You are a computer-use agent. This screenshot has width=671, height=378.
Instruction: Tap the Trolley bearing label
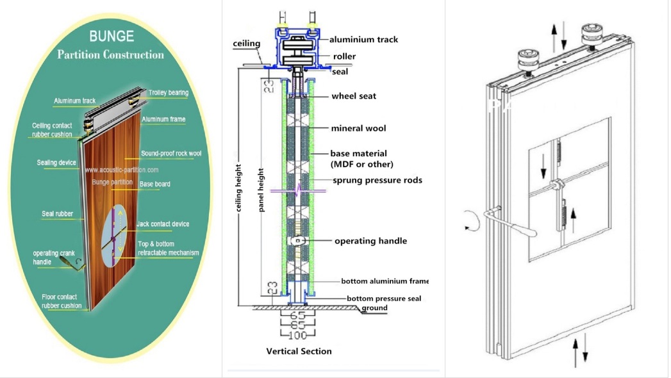(x=169, y=93)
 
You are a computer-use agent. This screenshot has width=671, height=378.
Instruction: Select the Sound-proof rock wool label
(x=170, y=154)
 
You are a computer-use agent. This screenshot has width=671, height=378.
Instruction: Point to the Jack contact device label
(x=163, y=224)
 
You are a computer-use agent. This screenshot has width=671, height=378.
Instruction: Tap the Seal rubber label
(x=58, y=213)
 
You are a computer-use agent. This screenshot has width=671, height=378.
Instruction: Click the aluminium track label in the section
(x=363, y=40)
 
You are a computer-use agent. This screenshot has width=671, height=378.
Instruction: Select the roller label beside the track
(x=344, y=56)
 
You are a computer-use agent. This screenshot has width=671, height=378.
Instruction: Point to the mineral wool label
(x=358, y=129)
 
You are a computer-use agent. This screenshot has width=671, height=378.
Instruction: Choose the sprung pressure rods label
(x=377, y=181)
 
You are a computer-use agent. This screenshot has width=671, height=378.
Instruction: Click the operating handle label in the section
(x=370, y=241)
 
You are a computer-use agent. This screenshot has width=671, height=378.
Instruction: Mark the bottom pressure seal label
(x=383, y=299)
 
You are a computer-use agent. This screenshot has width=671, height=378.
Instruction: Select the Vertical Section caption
(x=299, y=351)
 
